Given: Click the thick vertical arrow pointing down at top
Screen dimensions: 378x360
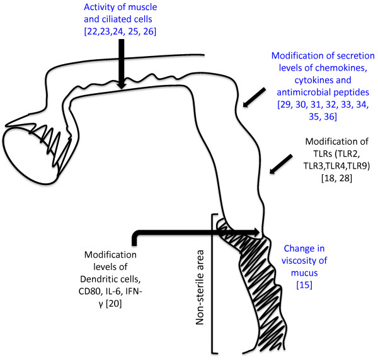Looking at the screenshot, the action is pos(122,64).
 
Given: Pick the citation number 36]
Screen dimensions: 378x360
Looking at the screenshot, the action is pos(330,117).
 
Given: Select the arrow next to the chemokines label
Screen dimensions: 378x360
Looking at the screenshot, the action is pos(254,98).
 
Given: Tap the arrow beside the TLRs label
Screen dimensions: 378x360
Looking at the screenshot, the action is pos(281,164).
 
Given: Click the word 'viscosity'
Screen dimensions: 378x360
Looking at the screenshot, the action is pos(304,261).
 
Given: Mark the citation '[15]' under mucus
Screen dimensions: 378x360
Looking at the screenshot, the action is pos(304,285).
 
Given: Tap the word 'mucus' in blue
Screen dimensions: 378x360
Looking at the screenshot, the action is pos(304,273).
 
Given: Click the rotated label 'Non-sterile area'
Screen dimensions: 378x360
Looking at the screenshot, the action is pos(200,288).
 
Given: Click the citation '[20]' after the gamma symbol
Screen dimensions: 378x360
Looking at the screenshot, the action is pos(114,304).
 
